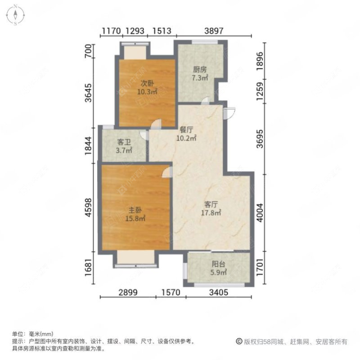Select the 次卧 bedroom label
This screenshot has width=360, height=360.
pos(144,83)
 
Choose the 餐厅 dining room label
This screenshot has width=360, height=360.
pos(186,129)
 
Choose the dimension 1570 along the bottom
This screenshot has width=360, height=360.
pos(170,292)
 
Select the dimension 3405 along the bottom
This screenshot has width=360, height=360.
pos(217,292)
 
